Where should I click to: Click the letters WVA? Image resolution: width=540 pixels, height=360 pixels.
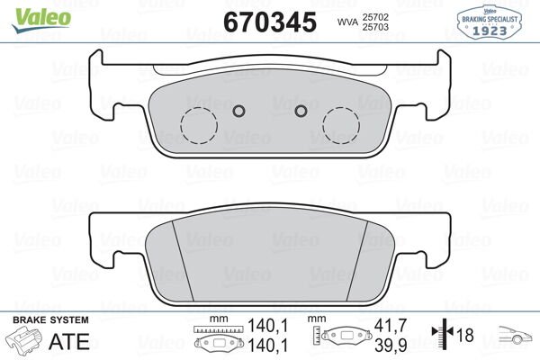[346, 22]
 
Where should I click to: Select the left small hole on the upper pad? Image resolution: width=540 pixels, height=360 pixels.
[238, 112]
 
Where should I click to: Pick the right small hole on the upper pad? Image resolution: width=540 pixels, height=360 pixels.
[301, 112]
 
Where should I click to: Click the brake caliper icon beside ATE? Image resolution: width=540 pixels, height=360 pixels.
[25, 342]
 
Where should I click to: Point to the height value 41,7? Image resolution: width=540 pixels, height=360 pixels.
[384, 327]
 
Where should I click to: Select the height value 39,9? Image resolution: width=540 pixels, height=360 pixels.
[384, 343]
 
